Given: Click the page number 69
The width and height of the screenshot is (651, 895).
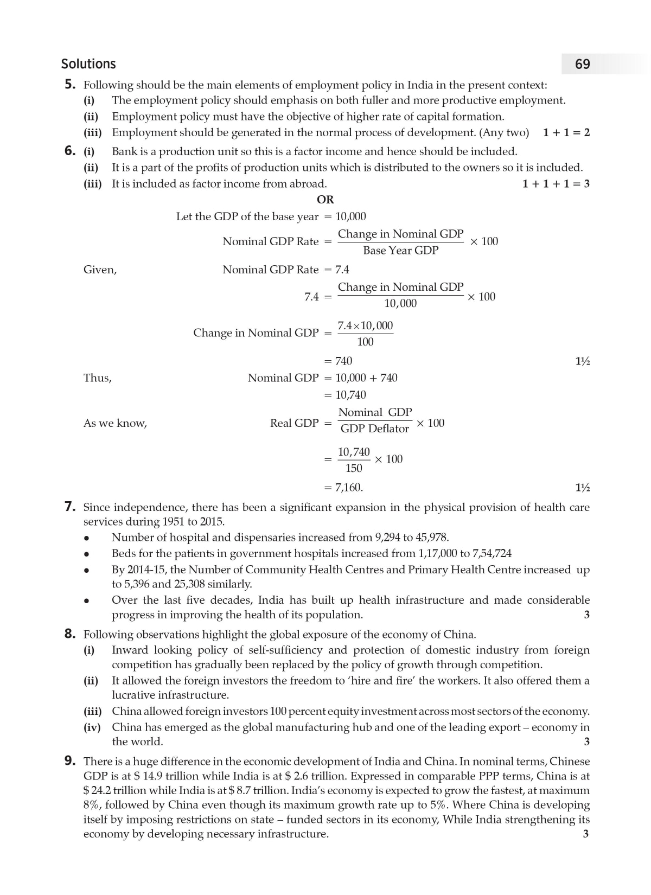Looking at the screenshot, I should click(582, 64).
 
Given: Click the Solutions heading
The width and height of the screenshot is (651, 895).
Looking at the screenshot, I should click(88, 64).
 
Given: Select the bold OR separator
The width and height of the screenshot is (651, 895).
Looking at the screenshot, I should click(325, 200).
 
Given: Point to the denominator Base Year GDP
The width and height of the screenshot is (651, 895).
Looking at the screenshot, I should click(400, 251).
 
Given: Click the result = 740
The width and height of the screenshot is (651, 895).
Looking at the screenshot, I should click(339, 361).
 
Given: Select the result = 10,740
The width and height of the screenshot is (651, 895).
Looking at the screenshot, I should click(346, 395).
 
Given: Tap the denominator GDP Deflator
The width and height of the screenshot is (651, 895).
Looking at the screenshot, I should click(374, 429).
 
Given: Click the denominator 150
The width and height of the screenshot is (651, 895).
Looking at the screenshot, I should click(354, 468).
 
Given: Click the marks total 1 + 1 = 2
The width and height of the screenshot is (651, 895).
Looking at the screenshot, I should click(566, 132).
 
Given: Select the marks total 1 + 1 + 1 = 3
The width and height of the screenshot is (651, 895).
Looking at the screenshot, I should click(556, 183).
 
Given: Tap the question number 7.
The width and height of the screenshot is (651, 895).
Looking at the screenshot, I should click(69, 507).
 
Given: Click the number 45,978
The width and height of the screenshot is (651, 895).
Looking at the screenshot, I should click(432, 537).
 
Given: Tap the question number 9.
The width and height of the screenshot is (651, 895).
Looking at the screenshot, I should click(69, 760).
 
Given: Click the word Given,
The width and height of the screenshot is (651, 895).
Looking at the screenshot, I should click(100, 270).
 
